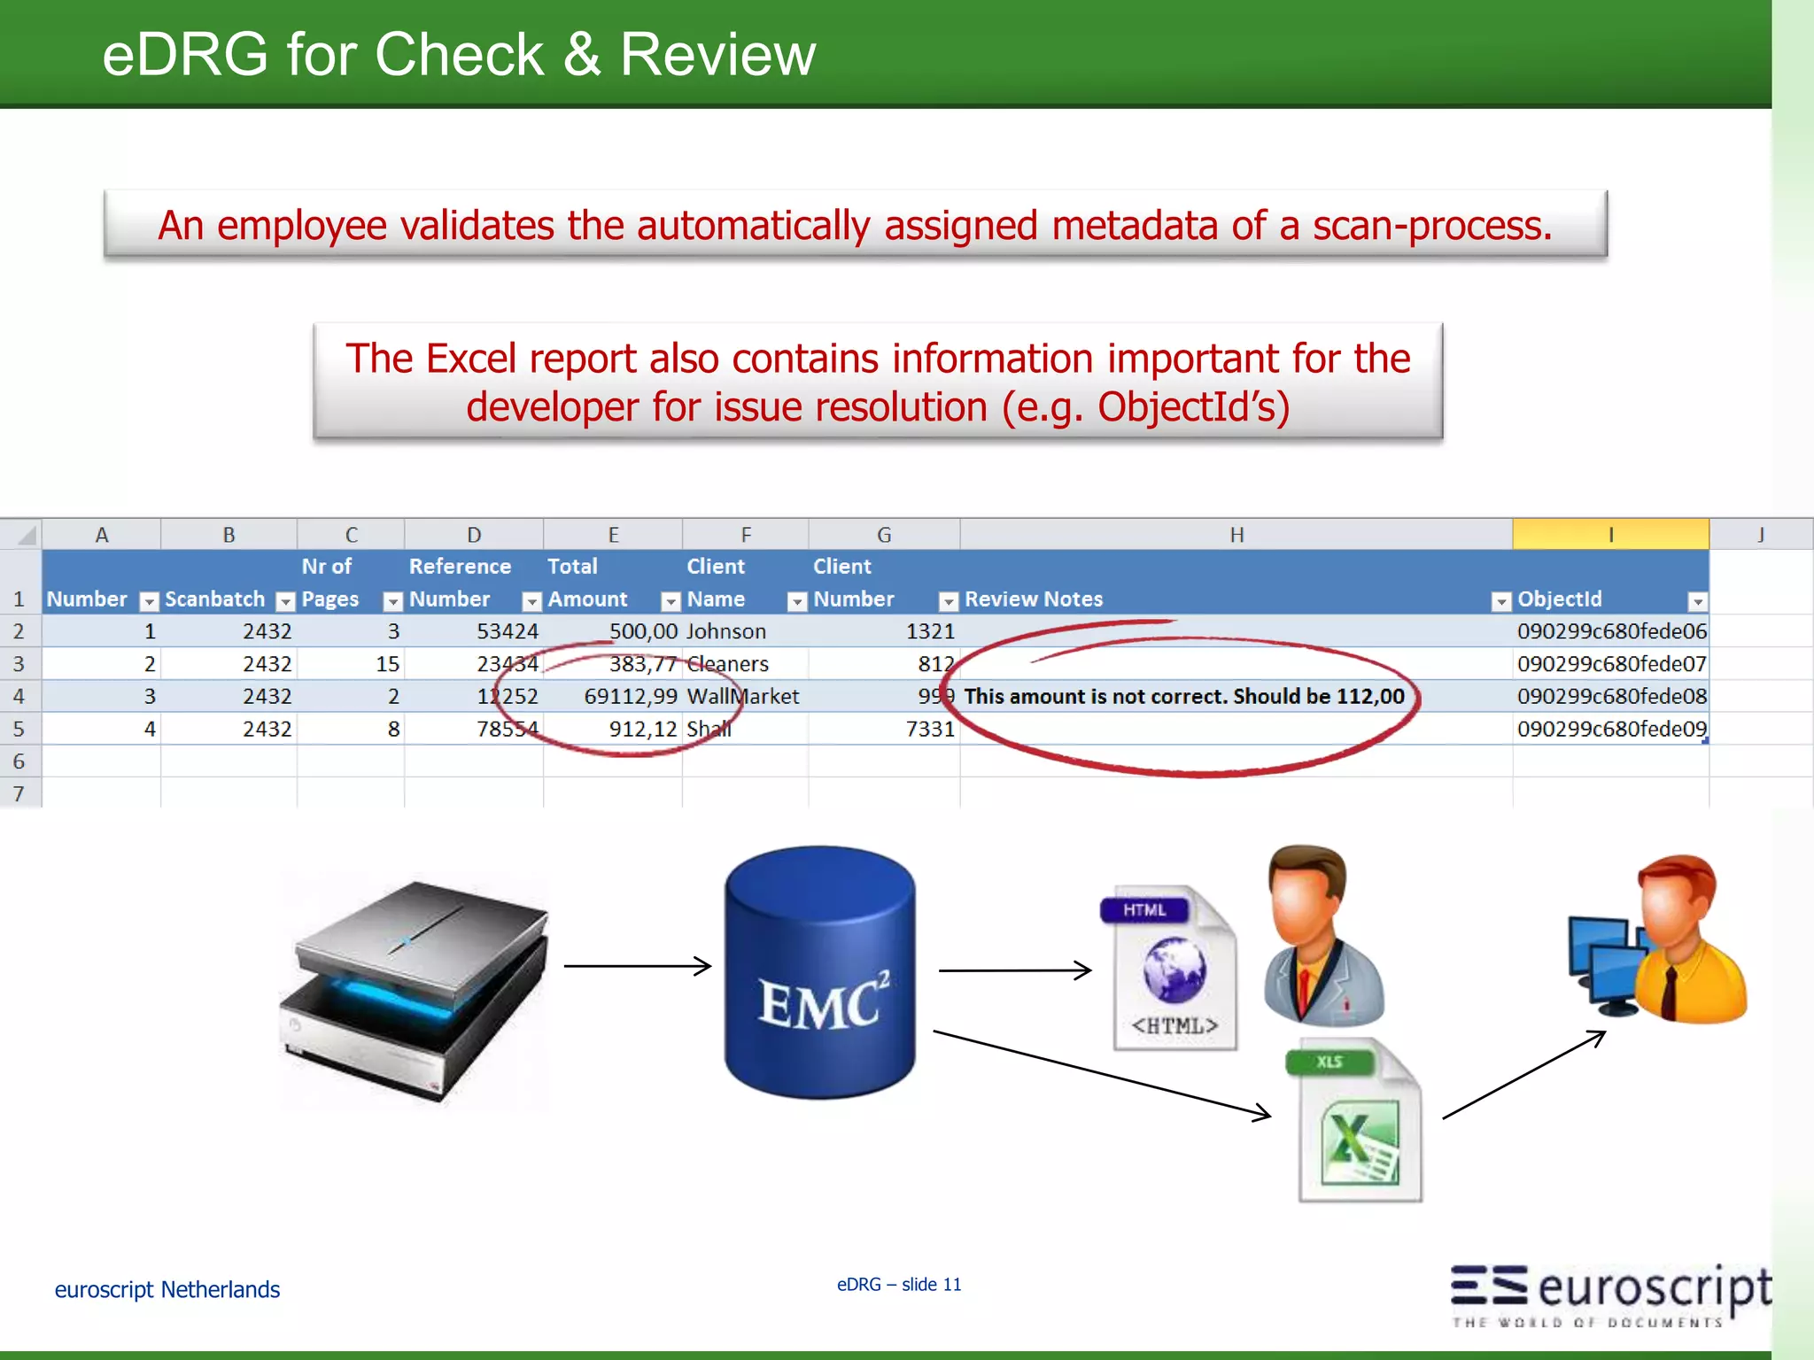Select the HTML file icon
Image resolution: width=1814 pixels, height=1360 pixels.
coord(1171,970)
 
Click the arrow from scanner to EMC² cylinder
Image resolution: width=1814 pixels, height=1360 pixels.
coord(638,966)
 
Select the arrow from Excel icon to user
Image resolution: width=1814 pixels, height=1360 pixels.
coord(1523,1075)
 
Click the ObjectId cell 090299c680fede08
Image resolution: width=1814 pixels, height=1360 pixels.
coord(1611,697)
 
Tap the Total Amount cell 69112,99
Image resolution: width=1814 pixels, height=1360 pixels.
coord(631,697)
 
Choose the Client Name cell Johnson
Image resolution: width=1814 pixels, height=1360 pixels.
coord(726,631)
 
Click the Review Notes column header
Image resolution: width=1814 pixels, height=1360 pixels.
coord(1034,599)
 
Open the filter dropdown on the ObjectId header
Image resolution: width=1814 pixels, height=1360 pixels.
coord(1697,601)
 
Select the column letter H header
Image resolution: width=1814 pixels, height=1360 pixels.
coord(1236,535)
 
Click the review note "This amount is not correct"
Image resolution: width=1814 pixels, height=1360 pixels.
coord(1183,697)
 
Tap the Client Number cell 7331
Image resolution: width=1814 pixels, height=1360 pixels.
coord(930,729)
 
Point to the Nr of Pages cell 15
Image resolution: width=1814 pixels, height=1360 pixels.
coord(387,664)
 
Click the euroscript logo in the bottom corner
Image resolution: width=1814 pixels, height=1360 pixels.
coord(1610,1294)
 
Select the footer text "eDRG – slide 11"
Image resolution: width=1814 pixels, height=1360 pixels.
coord(899,1284)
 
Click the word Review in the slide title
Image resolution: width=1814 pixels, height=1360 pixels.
coord(717,55)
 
